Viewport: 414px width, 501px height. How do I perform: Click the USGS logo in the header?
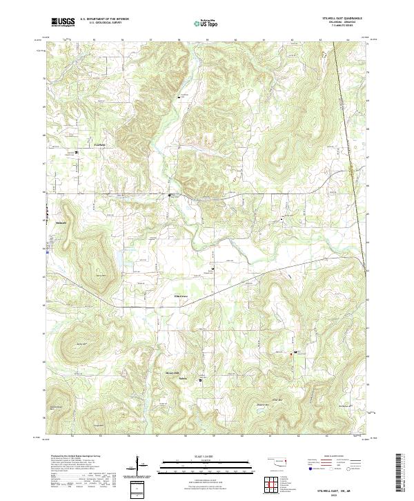[x=62, y=22]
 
